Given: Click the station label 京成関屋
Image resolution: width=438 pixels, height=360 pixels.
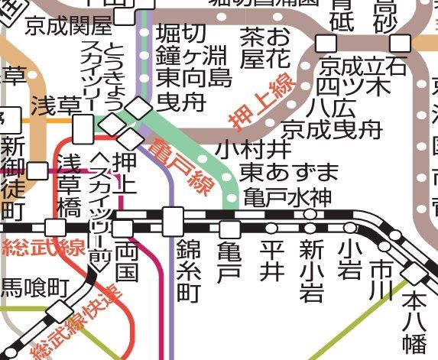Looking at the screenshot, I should [x=68, y=28].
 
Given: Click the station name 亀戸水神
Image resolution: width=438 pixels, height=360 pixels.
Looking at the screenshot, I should [x=288, y=196].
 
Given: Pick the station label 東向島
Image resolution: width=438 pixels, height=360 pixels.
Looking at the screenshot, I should [x=194, y=76].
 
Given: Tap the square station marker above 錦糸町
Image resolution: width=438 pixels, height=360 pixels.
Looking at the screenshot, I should [x=174, y=221].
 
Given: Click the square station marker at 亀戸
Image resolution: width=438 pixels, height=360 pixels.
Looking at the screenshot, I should [x=229, y=229].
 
